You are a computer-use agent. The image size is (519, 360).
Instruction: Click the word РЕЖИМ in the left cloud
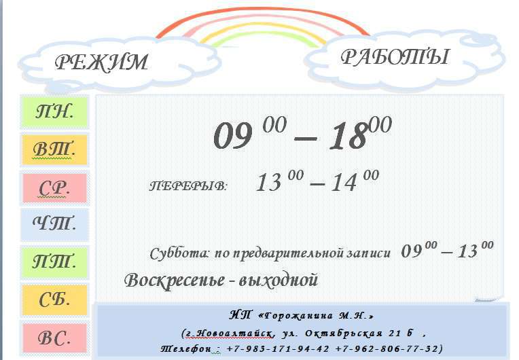click(101, 62)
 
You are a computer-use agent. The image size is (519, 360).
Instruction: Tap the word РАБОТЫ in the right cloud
click(395, 56)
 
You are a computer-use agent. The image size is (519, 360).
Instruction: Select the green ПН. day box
click(54, 112)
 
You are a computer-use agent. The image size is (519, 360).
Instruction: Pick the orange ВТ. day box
click(54, 149)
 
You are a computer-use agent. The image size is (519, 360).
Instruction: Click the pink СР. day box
click(54, 188)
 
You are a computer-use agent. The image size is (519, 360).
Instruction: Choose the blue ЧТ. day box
click(54, 224)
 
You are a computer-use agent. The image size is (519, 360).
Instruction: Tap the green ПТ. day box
click(54, 262)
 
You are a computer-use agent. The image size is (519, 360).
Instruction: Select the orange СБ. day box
click(54, 300)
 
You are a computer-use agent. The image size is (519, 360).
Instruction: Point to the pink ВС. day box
click(54, 338)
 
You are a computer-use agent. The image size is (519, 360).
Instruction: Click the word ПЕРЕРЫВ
click(188, 186)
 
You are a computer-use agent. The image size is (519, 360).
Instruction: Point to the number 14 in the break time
click(344, 182)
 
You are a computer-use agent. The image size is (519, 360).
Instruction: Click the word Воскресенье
click(175, 281)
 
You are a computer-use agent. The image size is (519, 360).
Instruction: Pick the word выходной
click(279, 280)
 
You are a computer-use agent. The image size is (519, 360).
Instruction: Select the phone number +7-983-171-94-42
click(278, 349)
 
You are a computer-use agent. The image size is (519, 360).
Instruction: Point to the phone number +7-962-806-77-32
click(387, 349)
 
